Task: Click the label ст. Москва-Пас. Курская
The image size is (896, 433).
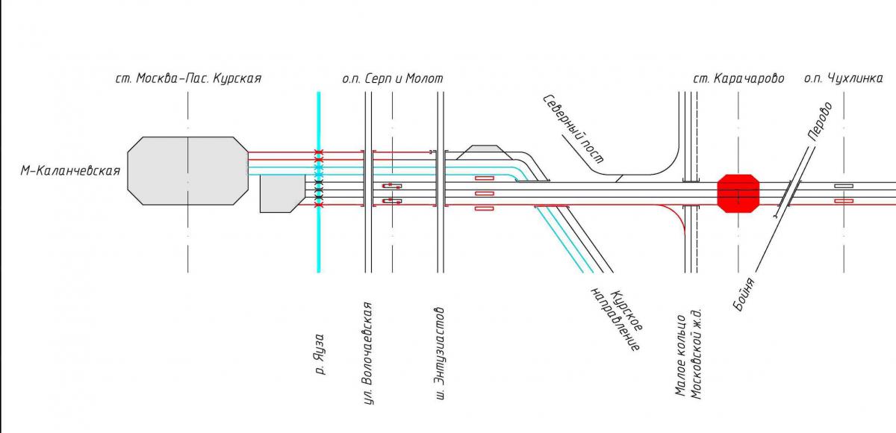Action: pyautogui.click(x=188, y=78)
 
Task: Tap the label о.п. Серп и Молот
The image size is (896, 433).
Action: pyautogui.click(x=392, y=78)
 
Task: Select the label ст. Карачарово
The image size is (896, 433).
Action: pyautogui.click(x=738, y=78)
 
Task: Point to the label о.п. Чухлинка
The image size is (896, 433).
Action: pyautogui.click(x=843, y=78)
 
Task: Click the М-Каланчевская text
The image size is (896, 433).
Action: pyautogui.click(x=70, y=171)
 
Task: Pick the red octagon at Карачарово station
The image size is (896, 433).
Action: pyautogui.click(x=738, y=193)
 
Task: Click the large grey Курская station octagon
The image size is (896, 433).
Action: pyautogui.click(x=187, y=170)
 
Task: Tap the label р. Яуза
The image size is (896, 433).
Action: pyautogui.click(x=320, y=353)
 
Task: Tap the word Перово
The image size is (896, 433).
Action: pyautogui.click(x=819, y=121)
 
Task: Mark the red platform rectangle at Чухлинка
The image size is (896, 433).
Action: pyautogui.click(x=844, y=201)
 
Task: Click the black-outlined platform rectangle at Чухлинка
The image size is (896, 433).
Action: pyautogui.click(x=844, y=185)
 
